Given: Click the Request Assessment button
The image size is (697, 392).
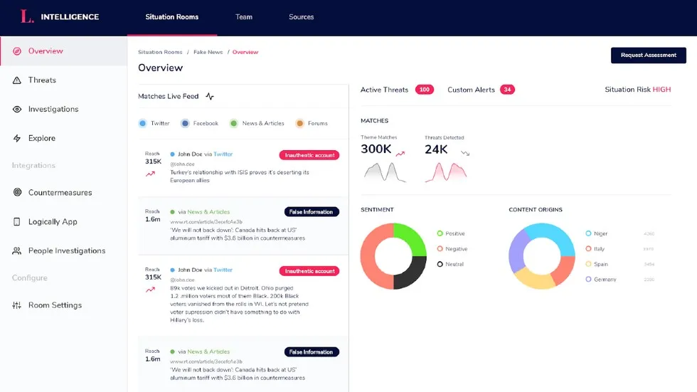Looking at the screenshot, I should pyautogui.click(x=648, y=55).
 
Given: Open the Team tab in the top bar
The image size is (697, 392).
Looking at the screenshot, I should pyautogui.click(x=244, y=17).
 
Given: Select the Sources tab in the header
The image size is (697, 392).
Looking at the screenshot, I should pyautogui.click(x=301, y=17).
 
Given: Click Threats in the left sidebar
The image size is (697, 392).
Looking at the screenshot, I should pyautogui.click(x=42, y=80).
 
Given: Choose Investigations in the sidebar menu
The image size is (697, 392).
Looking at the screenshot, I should pyautogui.click(x=53, y=110).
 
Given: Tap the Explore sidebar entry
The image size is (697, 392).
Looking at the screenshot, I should pyautogui.click(x=41, y=139).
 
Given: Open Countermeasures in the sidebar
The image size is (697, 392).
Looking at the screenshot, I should pyautogui.click(x=60, y=193).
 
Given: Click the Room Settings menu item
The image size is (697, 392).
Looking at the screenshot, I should pyautogui.click(x=55, y=305).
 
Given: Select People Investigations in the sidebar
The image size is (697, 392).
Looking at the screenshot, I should pyautogui.click(x=66, y=251).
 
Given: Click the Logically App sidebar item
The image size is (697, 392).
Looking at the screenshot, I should pyautogui.click(x=53, y=222).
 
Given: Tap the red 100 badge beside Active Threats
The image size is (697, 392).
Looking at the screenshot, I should pyautogui.click(x=425, y=90).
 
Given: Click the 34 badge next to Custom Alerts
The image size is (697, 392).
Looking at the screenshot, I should pyautogui.click(x=507, y=90).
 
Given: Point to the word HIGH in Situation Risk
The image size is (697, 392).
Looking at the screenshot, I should pyautogui.click(x=661, y=90).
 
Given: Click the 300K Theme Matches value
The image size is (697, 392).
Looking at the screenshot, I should pyautogui.click(x=376, y=149).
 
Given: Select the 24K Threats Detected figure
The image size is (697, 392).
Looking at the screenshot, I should pyautogui.click(x=436, y=149).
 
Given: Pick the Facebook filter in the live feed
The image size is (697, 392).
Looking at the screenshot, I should pyautogui.click(x=205, y=124).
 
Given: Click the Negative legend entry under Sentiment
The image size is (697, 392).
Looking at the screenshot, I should pyautogui.click(x=456, y=249).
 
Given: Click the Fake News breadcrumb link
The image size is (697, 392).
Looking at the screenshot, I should pyautogui.click(x=208, y=53).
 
